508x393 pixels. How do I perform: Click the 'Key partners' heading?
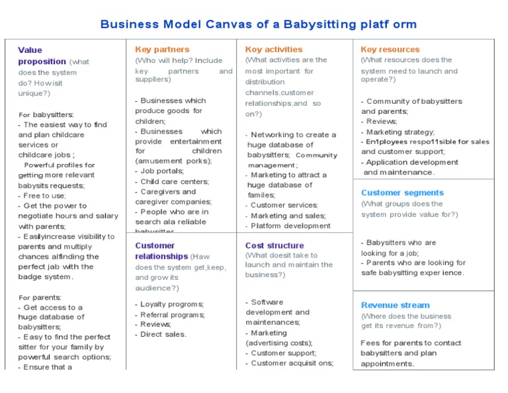(x=162, y=50)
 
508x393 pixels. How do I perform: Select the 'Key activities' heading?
(x=273, y=50)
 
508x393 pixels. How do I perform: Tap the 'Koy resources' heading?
(x=390, y=50)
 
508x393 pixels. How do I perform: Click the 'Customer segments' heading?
(x=402, y=193)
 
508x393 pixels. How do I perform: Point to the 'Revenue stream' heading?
(x=395, y=306)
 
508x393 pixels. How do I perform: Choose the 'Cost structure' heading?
(x=275, y=245)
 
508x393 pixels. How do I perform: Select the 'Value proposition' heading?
(x=41, y=56)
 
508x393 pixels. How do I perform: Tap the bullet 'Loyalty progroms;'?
(x=171, y=304)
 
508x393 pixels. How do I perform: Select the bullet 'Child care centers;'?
(x=174, y=181)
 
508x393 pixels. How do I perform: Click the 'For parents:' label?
(x=40, y=298)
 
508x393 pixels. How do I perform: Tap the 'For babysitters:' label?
(x=46, y=114)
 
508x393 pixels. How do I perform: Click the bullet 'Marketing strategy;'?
(x=399, y=132)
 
